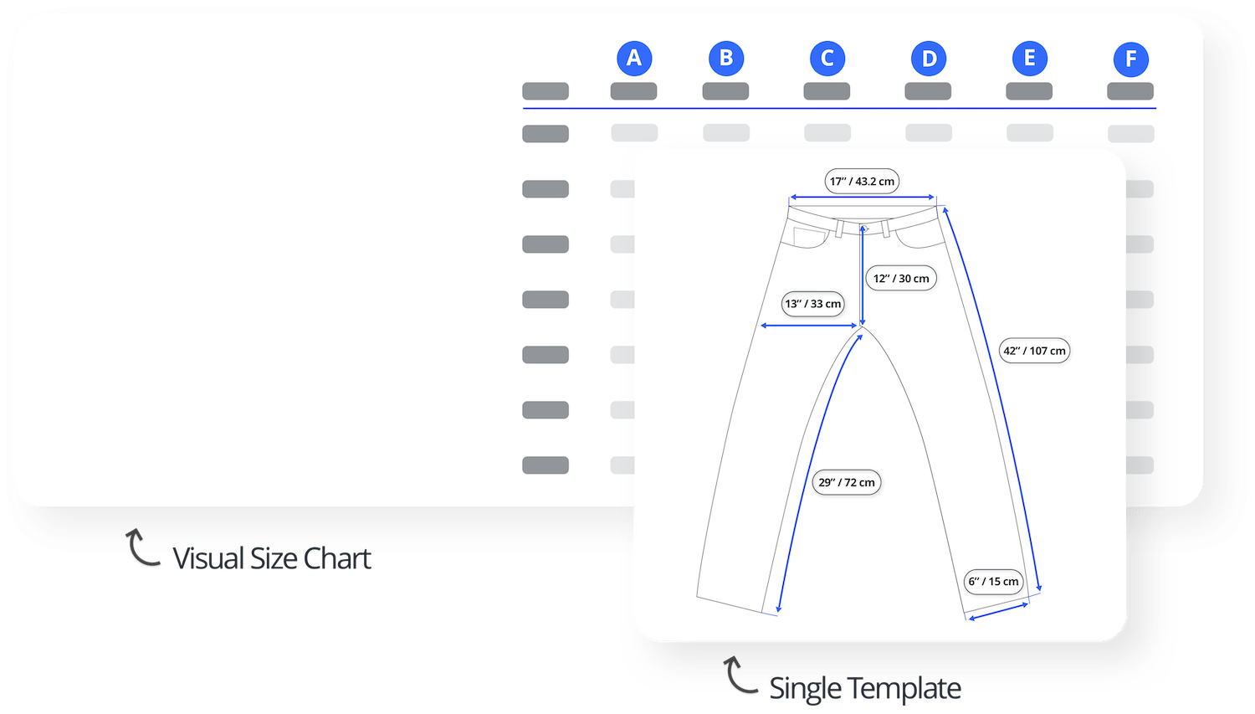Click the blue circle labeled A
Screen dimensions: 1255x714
(x=634, y=59)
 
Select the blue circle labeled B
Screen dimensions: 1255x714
(x=726, y=59)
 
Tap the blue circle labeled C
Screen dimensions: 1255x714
(x=827, y=59)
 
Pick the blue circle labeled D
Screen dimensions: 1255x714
(x=929, y=59)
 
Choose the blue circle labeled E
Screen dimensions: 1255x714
(x=1030, y=59)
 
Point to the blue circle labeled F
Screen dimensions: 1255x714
(x=1130, y=59)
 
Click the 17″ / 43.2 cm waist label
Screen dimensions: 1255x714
(x=862, y=181)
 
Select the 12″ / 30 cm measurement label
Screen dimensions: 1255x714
(x=901, y=278)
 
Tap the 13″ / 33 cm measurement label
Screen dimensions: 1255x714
(x=813, y=304)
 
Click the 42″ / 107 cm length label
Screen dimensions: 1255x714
(x=1034, y=351)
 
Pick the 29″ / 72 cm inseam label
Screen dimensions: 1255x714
(x=847, y=482)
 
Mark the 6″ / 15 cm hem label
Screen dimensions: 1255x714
(x=993, y=581)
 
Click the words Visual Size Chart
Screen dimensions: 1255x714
(x=272, y=558)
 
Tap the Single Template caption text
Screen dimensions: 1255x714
(x=865, y=688)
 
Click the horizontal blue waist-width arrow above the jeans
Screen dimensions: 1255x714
(x=862, y=198)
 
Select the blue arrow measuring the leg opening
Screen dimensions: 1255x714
(x=998, y=611)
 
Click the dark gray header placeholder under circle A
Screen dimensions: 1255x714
(x=633, y=91)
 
